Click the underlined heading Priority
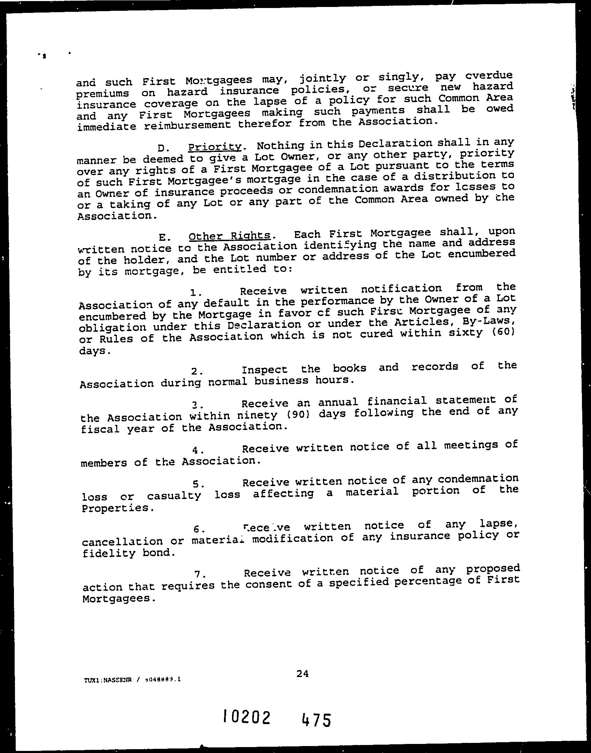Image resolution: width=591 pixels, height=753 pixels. (x=215, y=147)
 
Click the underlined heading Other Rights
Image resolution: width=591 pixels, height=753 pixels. (x=230, y=236)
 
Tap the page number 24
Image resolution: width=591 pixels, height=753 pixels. (x=302, y=674)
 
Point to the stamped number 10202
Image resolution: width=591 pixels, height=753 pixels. (x=246, y=717)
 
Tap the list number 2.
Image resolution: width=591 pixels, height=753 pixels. (x=197, y=371)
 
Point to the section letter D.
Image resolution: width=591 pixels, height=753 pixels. (x=162, y=148)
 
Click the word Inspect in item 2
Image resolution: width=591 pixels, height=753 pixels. (x=265, y=370)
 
